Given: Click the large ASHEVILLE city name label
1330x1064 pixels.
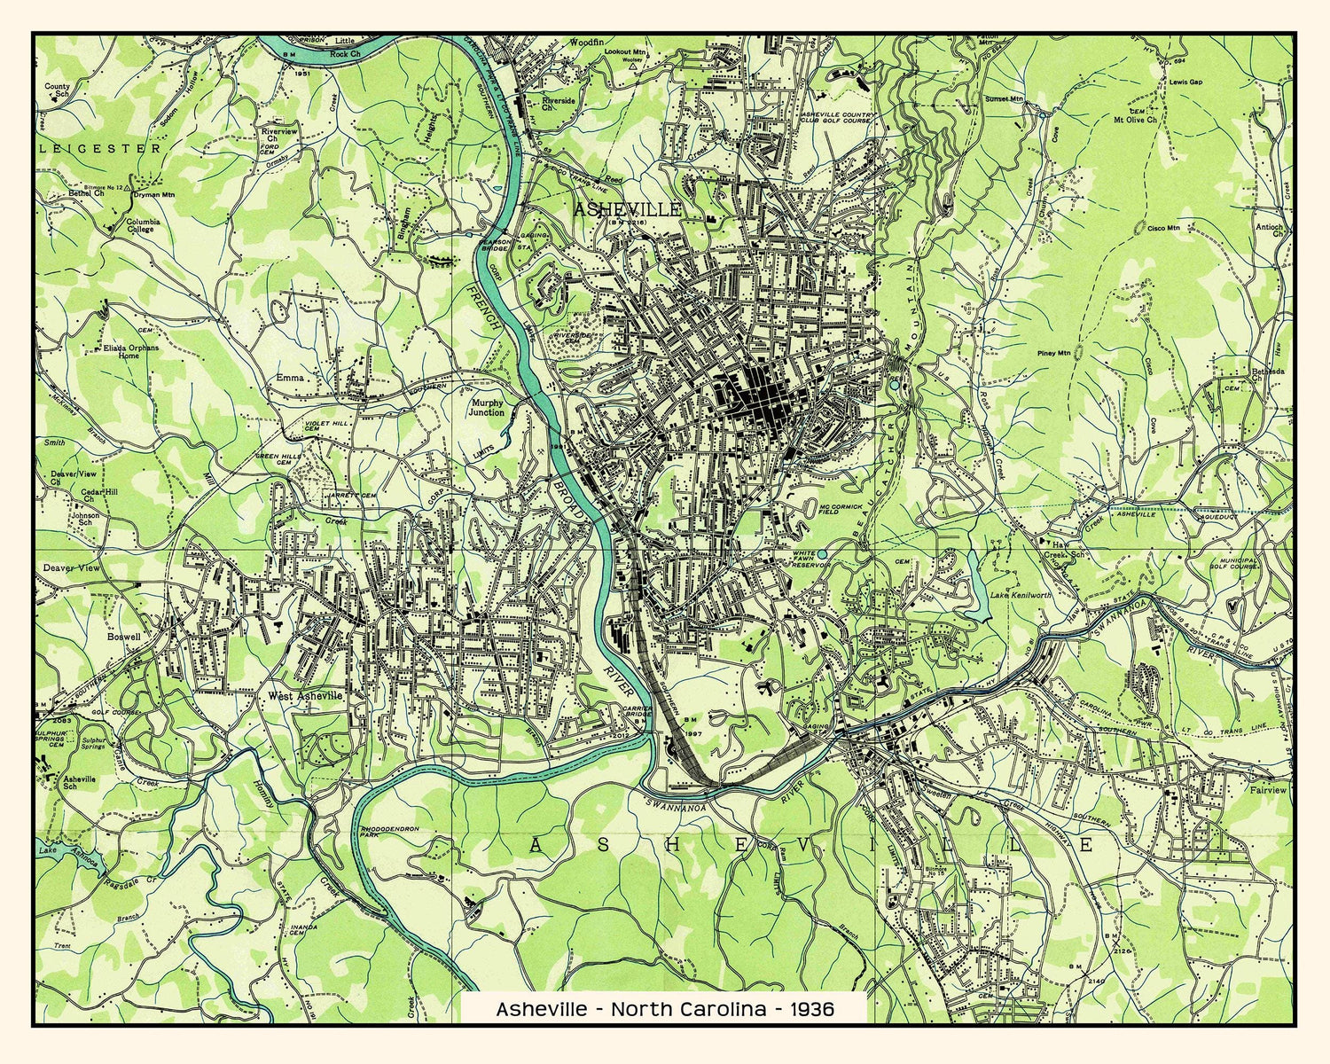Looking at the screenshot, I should tap(628, 209).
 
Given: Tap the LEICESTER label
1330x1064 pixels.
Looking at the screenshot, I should tap(101, 149).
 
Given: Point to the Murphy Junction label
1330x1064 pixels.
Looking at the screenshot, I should tap(487, 407).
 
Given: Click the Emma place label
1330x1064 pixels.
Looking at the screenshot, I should tap(290, 378).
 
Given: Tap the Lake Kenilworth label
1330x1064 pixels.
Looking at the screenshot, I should tap(1020, 595).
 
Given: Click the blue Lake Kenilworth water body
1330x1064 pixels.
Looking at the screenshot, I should tap(979, 590).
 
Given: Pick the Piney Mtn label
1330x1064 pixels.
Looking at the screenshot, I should tap(1053, 354).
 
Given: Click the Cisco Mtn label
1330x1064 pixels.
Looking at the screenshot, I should tap(1163, 228).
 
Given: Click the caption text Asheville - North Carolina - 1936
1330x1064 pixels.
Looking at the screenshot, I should tap(664, 1009).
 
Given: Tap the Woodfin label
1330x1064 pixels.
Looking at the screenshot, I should tap(586, 42).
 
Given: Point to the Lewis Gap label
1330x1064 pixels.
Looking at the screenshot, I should tap(1186, 81).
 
